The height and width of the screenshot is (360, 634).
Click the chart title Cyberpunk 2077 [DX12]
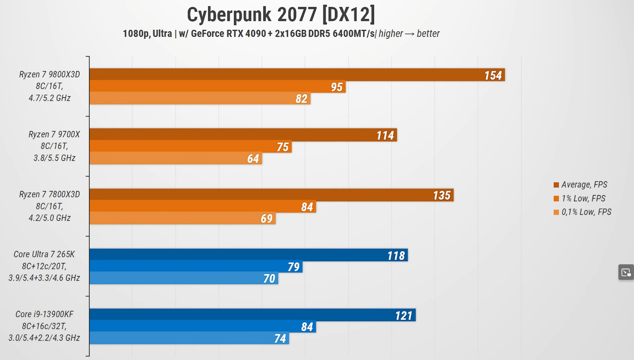coord(281,15)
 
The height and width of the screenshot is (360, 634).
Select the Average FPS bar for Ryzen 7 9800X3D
coord(297,74)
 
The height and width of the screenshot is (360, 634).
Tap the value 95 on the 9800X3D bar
coord(337,87)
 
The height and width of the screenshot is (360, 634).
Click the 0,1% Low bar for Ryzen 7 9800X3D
coord(200,98)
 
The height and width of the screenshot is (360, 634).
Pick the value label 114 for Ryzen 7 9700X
coord(385,135)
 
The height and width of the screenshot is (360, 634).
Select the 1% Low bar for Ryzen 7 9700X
coord(191,146)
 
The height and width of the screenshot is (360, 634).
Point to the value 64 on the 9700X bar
coord(253,158)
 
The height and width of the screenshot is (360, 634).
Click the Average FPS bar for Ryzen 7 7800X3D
coord(271,195)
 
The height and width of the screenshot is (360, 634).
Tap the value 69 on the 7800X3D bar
coord(266,218)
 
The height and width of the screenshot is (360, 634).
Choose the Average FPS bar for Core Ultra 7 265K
coord(249,255)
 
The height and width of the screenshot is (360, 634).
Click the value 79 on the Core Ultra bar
coord(294,266)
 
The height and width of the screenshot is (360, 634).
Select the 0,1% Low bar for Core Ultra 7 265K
coord(184,278)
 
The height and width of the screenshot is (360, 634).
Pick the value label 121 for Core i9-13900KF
coord(404,315)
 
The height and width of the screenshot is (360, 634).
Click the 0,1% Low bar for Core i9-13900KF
coord(189,338)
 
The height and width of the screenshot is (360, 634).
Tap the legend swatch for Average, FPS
coord(556,185)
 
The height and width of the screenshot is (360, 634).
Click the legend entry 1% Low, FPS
coord(580,199)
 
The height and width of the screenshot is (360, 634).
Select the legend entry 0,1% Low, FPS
coord(582,212)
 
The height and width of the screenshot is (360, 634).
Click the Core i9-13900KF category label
coord(44,326)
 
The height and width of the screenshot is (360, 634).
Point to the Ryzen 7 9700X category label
coord(54,146)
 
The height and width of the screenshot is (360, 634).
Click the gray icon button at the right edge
coord(626,272)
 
